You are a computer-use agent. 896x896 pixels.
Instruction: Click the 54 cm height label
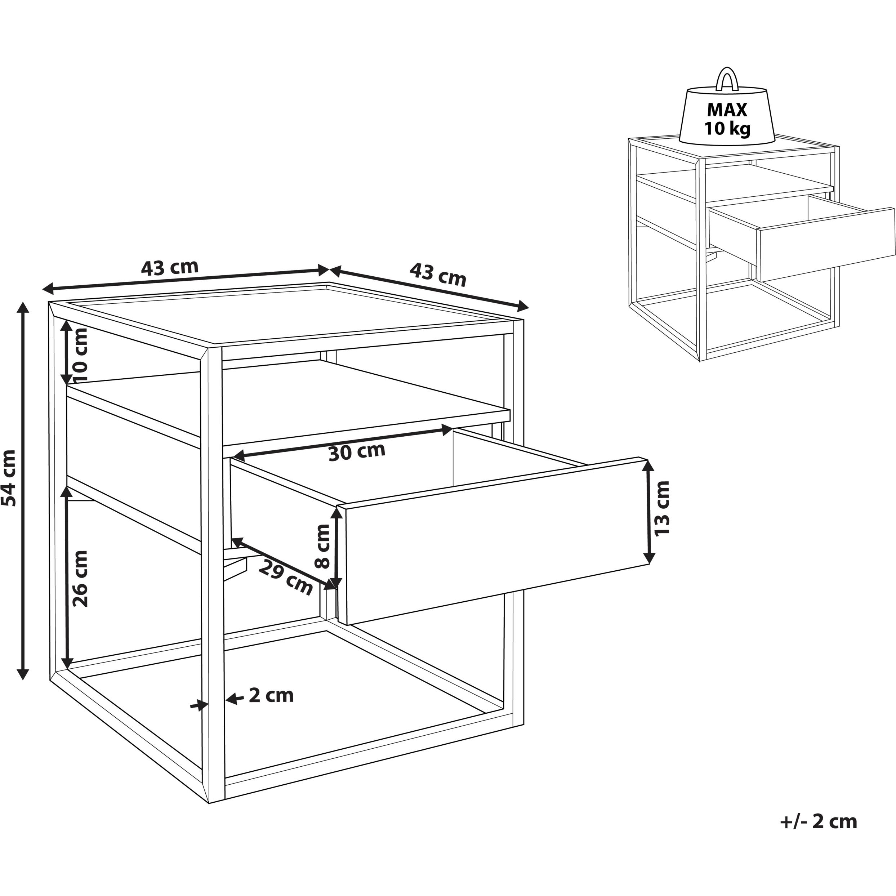(x=9, y=478)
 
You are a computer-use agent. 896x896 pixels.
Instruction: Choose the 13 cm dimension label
(x=662, y=509)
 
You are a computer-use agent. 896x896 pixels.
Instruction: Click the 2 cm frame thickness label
(x=271, y=695)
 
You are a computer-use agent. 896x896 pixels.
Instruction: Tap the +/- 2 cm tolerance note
(x=819, y=821)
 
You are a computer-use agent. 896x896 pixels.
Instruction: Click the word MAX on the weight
(x=727, y=110)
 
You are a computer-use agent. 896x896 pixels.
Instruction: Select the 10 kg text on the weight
(x=727, y=129)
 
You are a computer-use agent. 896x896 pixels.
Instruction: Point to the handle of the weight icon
(x=727, y=79)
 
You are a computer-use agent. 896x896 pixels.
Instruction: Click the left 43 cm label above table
(x=170, y=268)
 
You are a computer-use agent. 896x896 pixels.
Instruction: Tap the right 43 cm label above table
(x=437, y=275)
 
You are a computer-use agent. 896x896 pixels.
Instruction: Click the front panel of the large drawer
(x=492, y=540)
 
